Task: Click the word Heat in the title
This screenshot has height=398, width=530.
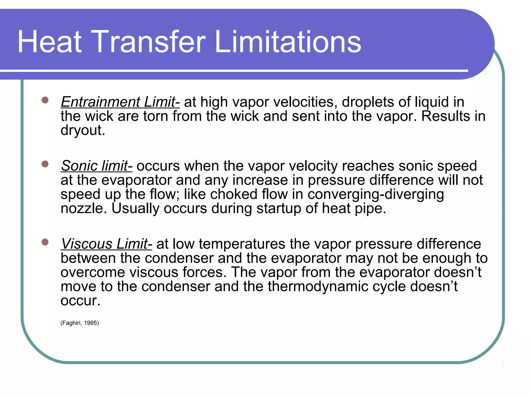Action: click(49, 42)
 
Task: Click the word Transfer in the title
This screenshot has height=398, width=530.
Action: click(148, 42)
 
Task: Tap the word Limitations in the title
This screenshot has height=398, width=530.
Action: click(288, 42)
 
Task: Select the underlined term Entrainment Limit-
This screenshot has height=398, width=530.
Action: click(120, 102)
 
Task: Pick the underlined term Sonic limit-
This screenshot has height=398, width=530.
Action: click(97, 166)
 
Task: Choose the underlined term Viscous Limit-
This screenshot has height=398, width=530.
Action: click(106, 244)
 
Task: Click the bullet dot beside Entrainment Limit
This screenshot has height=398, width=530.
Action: click(45, 100)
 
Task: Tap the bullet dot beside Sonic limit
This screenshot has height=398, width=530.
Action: click(45, 164)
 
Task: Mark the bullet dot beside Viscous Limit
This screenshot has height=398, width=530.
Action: click(45, 242)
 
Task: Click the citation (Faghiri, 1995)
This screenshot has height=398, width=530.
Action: click(80, 323)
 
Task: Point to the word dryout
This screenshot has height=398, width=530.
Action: click(83, 130)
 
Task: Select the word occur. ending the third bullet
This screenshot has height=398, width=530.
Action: click(80, 301)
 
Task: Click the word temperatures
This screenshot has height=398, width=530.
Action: click(242, 244)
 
